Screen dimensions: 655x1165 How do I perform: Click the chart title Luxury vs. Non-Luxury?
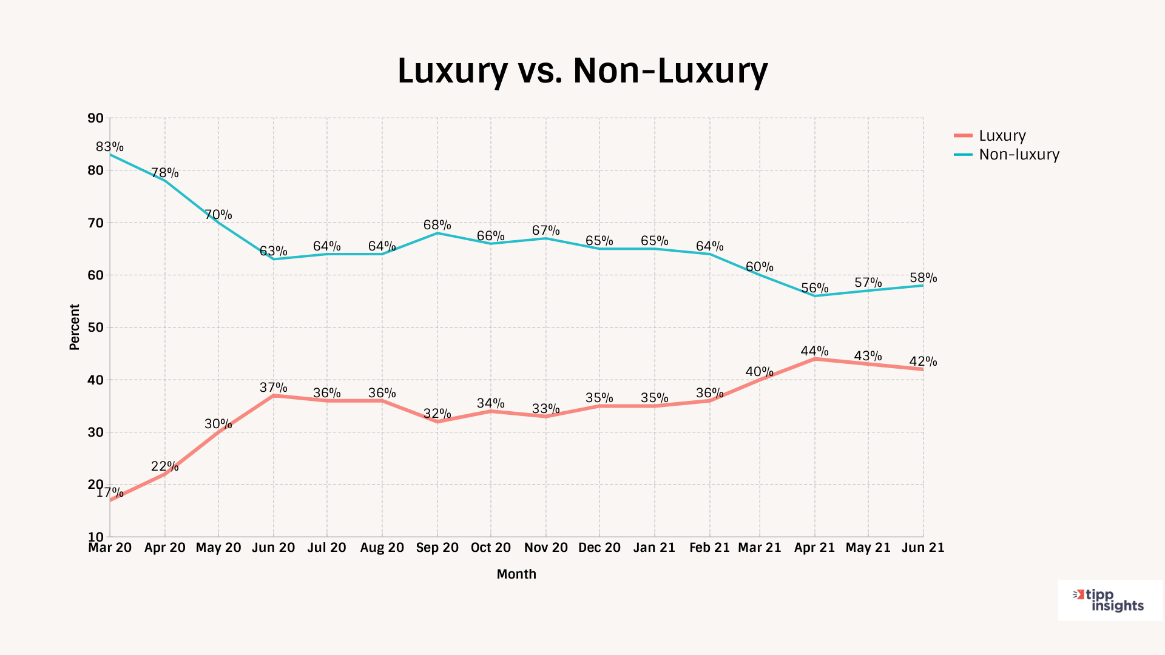click(x=582, y=70)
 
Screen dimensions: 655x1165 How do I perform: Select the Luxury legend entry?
click(x=1002, y=136)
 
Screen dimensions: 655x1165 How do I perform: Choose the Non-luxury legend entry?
click(x=1019, y=155)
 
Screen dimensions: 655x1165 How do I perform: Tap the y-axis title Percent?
click(x=75, y=327)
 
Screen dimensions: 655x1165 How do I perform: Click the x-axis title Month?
click(x=516, y=574)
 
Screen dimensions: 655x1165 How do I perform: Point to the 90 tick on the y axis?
click(x=96, y=118)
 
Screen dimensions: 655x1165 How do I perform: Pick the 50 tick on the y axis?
click(x=96, y=327)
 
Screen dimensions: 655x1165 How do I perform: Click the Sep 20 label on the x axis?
click(x=437, y=548)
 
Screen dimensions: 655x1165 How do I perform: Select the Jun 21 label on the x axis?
click(x=923, y=548)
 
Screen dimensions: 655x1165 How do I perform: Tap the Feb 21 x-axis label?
click(x=709, y=548)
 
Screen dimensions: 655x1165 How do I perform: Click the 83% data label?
click(x=110, y=147)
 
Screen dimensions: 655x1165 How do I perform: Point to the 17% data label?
click(x=110, y=492)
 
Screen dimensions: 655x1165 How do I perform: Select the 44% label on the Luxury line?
click(x=814, y=351)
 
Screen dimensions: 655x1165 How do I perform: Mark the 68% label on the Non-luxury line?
click(x=437, y=225)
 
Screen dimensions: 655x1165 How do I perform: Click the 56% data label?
click(x=814, y=288)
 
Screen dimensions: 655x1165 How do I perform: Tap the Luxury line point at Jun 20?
click(x=274, y=395)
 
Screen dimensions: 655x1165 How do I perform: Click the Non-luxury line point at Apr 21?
click(x=814, y=296)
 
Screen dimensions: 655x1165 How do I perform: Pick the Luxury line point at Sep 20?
click(x=437, y=422)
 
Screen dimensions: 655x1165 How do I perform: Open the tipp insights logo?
click(x=1109, y=600)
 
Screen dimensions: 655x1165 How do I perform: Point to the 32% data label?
click(x=437, y=414)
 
